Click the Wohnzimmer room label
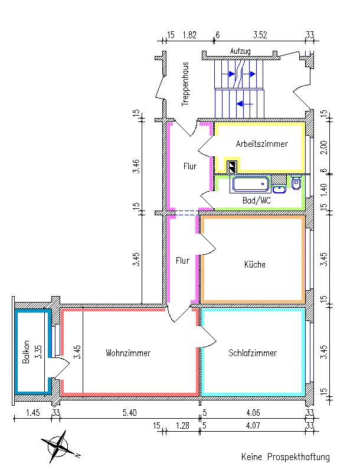click(x=128, y=353)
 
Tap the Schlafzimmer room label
click(x=253, y=353)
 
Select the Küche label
click(x=255, y=265)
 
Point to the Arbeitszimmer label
click(x=262, y=144)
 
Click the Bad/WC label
click(x=257, y=201)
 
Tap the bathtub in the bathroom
click(x=250, y=185)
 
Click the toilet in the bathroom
click(x=296, y=182)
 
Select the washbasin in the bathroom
click(x=279, y=189)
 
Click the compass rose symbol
click(x=59, y=447)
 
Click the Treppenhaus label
click(x=185, y=84)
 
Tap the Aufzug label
click(x=240, y=51)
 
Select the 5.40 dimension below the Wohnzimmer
click(x=129, y=412)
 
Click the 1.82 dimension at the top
click(x=189, y=35)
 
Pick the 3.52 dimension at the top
click(x=260, y=35)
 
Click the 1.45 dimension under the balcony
click(x=32, y=412)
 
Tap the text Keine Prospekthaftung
click(x=286, y=457)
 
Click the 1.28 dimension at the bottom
click(x=182, y=426)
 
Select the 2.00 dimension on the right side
click(x=324, y=147)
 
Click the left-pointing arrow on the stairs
click(x=245, y=104)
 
